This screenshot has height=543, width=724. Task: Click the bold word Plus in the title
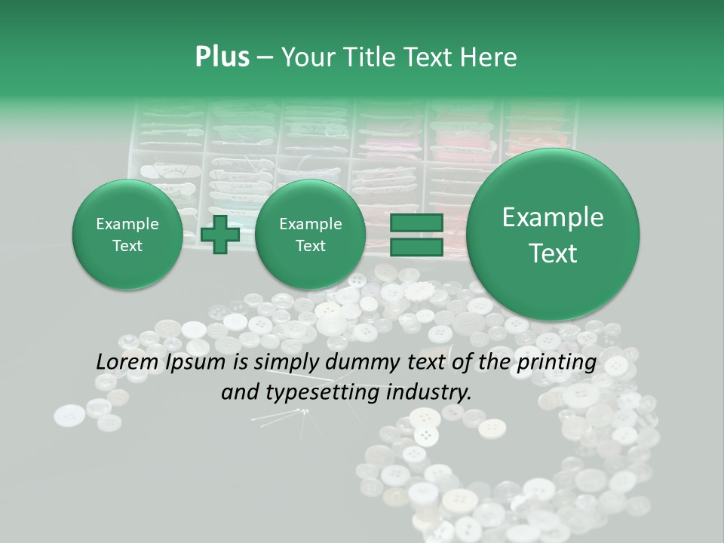click(222, 57)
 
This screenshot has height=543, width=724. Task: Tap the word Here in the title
click(489, 57)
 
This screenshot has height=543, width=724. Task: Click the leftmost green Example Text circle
click(127, 235)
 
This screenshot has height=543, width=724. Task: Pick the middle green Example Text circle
click(310, 235)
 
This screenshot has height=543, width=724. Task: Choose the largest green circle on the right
click(553, 235)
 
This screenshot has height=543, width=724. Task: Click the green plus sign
click(220, 234)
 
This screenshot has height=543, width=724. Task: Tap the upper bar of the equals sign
click(416, 224)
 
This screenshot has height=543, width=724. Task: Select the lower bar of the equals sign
click(416, 247)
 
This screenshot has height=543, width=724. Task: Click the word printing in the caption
click(554, 363)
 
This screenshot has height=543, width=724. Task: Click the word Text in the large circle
click(553, 253)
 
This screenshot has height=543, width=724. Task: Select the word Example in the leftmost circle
click(127, 224)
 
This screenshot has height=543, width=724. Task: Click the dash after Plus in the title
click(265, 58)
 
